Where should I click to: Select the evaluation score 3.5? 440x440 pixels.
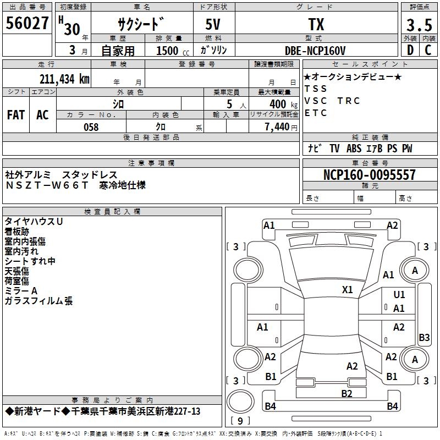419,25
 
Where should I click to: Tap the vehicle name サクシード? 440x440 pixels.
141,25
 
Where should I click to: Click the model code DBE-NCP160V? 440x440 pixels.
315,51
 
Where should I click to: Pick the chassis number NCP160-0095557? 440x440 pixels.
369,175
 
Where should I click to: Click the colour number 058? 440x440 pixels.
91,127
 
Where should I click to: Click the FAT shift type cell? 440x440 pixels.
16,115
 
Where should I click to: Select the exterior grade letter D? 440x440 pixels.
410,51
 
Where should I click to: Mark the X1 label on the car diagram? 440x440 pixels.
348,289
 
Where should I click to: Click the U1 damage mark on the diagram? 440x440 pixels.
399,295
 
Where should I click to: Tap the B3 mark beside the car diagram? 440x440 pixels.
424,337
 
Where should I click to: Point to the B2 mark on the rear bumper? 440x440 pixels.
346,393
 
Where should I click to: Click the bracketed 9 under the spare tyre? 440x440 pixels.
240,421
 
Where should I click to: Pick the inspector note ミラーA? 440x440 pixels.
21,290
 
